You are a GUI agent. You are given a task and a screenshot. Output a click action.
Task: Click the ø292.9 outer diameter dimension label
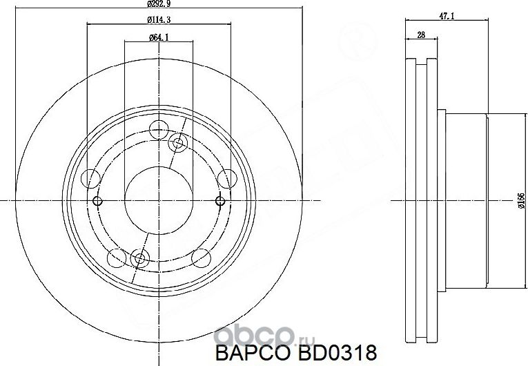(158, 4)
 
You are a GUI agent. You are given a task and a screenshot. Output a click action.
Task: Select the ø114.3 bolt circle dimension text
(158, 19)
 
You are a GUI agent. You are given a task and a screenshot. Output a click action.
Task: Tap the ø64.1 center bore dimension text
(159, 37)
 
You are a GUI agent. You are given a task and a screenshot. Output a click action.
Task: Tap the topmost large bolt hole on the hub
(159, 129)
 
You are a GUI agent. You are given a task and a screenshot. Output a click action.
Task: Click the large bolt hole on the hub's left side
(90, 179)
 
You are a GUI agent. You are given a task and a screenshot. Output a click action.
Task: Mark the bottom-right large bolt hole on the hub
(201, 259)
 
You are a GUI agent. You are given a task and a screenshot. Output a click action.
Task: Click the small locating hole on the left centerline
(97, 201)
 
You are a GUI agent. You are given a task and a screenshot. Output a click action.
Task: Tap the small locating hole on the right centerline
(220, 201)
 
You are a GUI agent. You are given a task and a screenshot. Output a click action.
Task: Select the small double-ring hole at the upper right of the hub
(178, 143)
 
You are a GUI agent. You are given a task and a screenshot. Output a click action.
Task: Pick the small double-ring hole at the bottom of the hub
(139, 259)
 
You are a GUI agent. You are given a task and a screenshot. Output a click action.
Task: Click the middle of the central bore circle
(159, 201)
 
